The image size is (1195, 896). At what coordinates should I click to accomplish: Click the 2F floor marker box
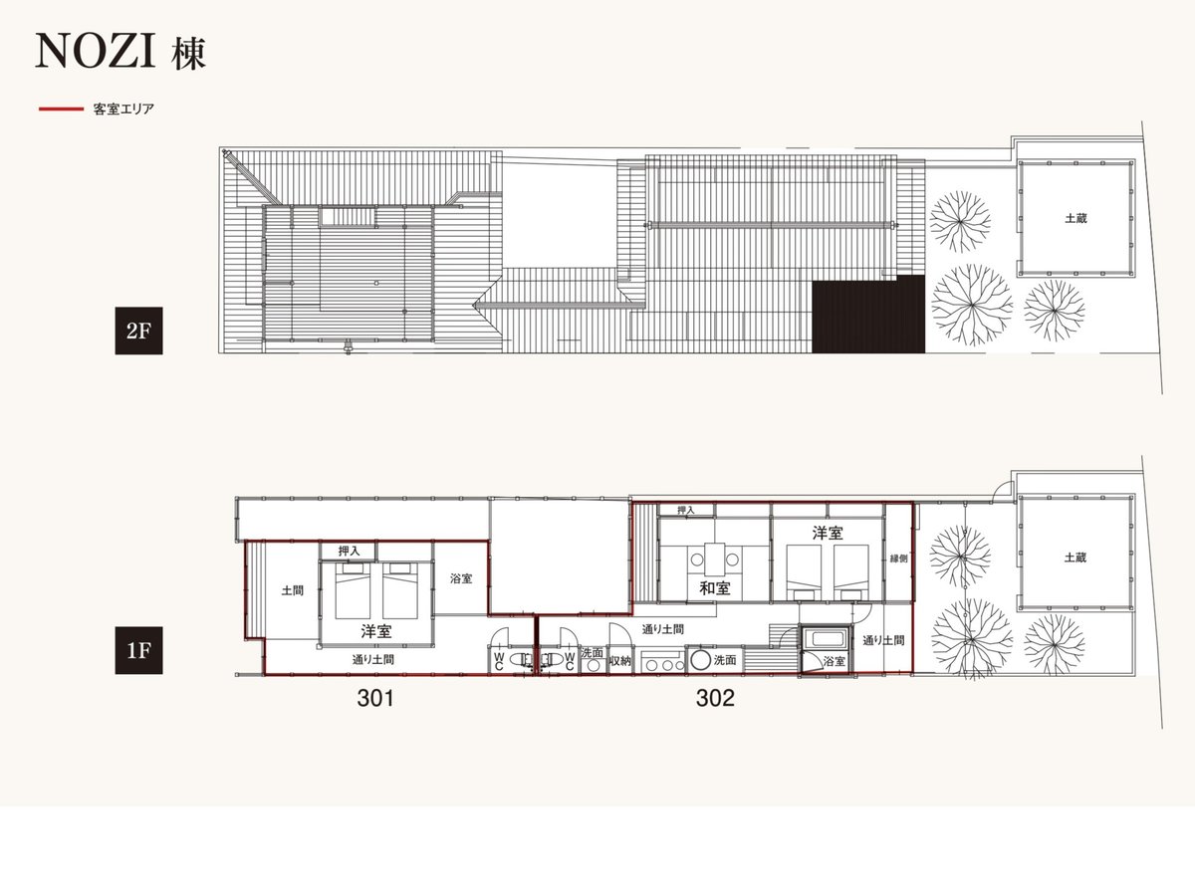[x=138, y=331]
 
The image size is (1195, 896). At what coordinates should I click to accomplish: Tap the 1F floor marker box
[x=138, y=650]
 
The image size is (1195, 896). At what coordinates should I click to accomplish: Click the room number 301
[x=375, y=698]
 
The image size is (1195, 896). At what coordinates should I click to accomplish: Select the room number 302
[x=715, y=698]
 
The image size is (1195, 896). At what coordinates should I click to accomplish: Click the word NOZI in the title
[x=96, y=51]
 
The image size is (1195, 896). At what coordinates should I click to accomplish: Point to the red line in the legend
[x=61, y=109]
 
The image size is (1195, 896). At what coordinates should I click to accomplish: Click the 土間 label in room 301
[x=293, y=590]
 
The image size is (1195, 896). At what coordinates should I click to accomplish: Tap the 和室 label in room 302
[x=715, y=588]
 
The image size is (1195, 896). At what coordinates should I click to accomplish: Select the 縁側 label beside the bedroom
[x=898, y=559]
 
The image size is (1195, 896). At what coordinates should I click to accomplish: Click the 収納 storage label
[x=620, y=660]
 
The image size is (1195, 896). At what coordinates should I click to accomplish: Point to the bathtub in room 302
[x=826, y=638]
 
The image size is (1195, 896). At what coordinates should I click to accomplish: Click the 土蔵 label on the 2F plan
[x=1075, y=218]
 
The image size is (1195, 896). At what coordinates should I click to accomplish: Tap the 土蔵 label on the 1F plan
[x=1075, y=558]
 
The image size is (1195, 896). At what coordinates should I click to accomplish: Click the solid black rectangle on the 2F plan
[x=868, y=314]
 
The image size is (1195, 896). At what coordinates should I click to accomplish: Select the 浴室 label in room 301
[x=461, y=578]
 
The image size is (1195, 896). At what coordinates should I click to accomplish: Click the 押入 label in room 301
[x=349, y=551]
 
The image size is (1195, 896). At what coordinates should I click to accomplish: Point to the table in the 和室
[x=714, y=560]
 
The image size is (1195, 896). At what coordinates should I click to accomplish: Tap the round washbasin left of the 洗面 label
[x=701, y=660]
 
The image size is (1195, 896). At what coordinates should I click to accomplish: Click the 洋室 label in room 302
[x=828, y=534]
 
